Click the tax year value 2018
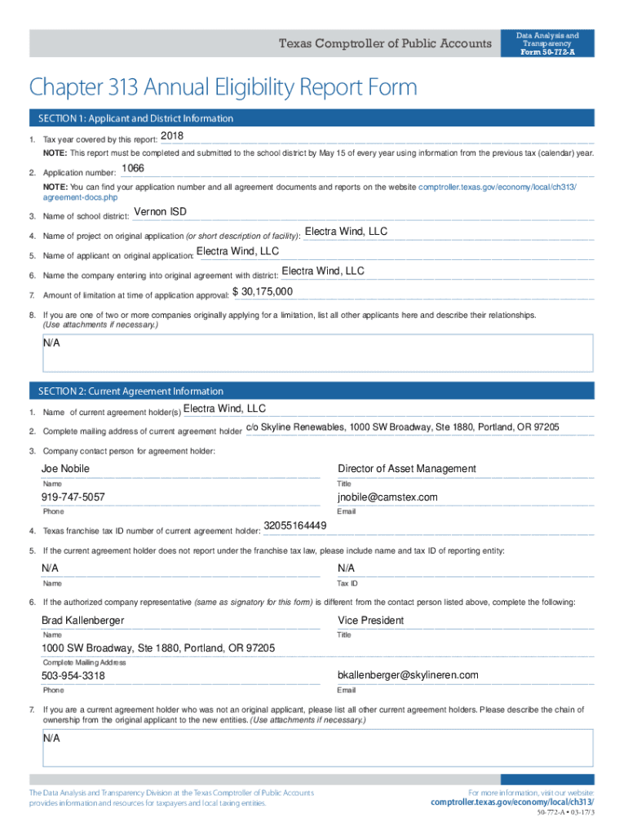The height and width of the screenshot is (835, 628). (172, 135)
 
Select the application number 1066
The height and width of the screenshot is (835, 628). (132, 168)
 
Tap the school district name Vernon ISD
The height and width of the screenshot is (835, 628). (160, 212)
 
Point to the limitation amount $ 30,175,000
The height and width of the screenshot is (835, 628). (263, 292)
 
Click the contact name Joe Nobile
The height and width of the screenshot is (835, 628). (65, 469)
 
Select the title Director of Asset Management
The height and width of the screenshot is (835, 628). (406, 469)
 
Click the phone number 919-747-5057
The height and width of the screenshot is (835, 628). (73, 497)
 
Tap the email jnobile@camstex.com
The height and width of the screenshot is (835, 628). (387, 497)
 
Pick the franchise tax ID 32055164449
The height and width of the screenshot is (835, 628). (295, 525)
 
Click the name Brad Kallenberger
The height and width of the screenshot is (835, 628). (82, 621)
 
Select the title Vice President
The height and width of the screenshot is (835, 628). (370, 621)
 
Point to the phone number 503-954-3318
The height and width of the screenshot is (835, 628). (73, 676)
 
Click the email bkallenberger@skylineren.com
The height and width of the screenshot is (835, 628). (408, 675)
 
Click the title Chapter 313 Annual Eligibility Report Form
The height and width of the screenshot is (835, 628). (223, 87)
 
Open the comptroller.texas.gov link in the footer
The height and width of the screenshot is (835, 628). (512, 802)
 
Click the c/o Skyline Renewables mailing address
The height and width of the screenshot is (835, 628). (402, 427)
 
